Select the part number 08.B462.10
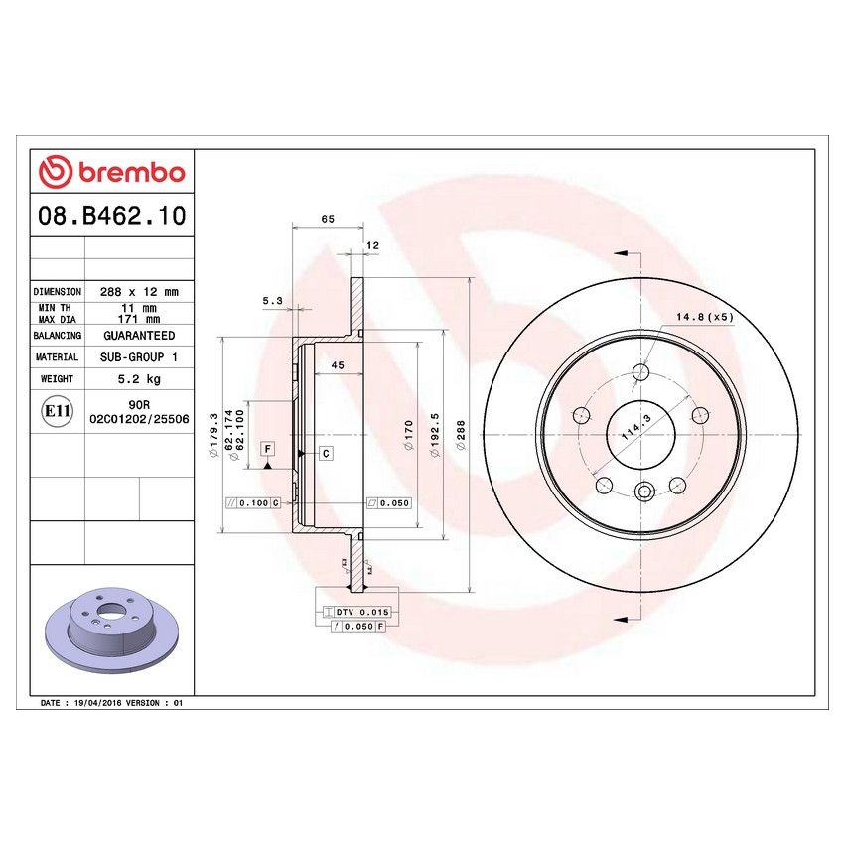click(110, 215)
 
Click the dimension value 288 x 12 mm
click(139, 292)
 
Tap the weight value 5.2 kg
click(139, 379)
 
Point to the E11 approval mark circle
click(58, 410)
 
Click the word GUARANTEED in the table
click(139, 336)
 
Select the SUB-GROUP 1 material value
click(139, 356)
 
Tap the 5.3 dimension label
click(272, 299)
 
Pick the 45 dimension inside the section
click(337, 366)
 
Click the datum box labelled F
click(267, 449)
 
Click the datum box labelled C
click(325, 453)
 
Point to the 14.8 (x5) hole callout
click(704, 317)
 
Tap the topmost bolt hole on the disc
click(640, 373)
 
